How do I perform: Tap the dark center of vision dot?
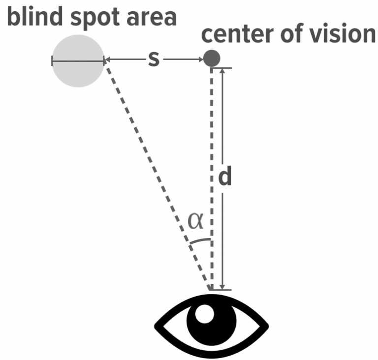pos(212,59)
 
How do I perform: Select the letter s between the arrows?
pos(154,60)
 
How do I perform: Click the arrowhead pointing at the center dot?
pos(200,60)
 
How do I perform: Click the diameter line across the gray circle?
pos(78,61)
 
